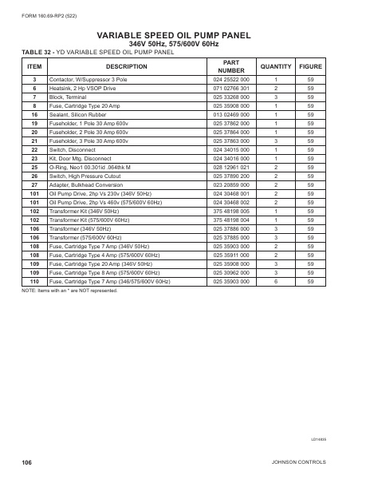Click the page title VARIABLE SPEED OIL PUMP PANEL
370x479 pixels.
[x=185, y=35]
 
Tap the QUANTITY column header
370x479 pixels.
[x=276, y=66]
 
